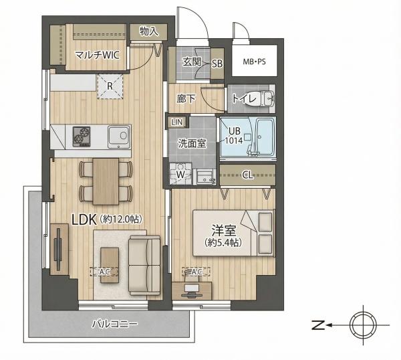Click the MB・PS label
coord(254,62)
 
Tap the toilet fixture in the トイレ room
coord(265,98)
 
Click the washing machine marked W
coord(180,173)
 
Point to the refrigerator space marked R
coord(110,86)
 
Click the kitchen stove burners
coord(82,137)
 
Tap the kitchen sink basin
coord(119,137)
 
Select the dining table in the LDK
coord(106,181)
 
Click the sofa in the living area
coord(144,265)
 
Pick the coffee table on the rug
coord(110,265)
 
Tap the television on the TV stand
coord(58,249)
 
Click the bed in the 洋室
coord(234,233)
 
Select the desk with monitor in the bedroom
coord(192,290)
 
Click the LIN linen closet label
coord(177,122)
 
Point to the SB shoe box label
coord(217,64)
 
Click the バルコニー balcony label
coord(114,324)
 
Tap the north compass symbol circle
coord(363,325)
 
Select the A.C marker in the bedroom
coord(196,272)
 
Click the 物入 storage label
coord(149,31)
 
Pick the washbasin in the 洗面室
coord(206,177)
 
